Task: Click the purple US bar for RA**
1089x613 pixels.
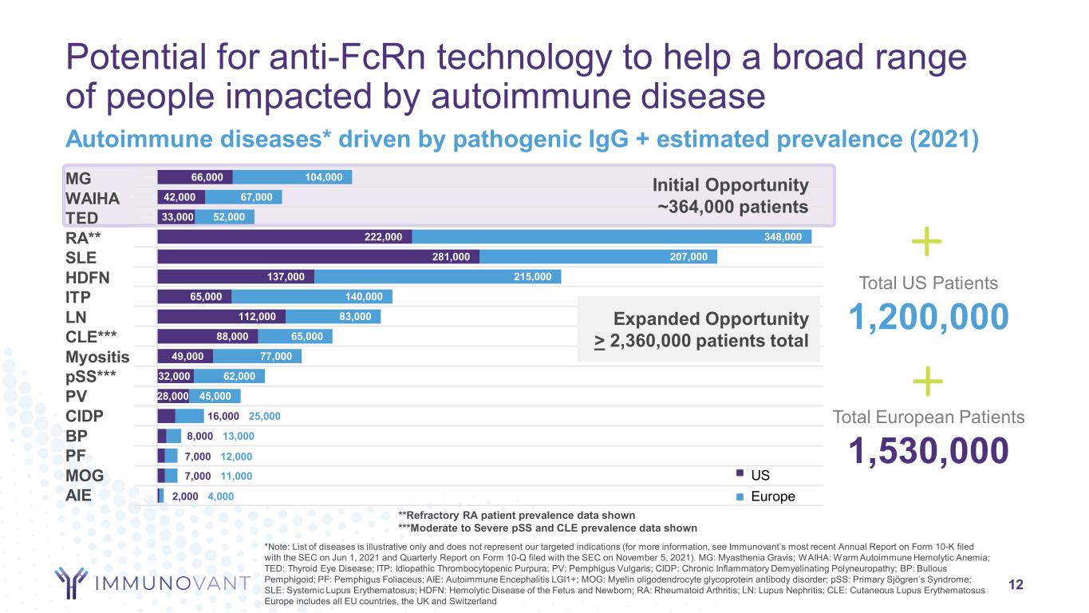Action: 284,237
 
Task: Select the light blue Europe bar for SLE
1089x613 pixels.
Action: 598,257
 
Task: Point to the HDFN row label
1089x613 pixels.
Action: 88,277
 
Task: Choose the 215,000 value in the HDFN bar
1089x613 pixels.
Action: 532,277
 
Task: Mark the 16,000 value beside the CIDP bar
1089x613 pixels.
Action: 223,417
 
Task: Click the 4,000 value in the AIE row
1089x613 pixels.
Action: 220,496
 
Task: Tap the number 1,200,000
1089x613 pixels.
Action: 929,318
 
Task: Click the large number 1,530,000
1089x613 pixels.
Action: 929,452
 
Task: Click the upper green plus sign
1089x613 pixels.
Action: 926,242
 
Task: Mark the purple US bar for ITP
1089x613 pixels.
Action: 194,297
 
